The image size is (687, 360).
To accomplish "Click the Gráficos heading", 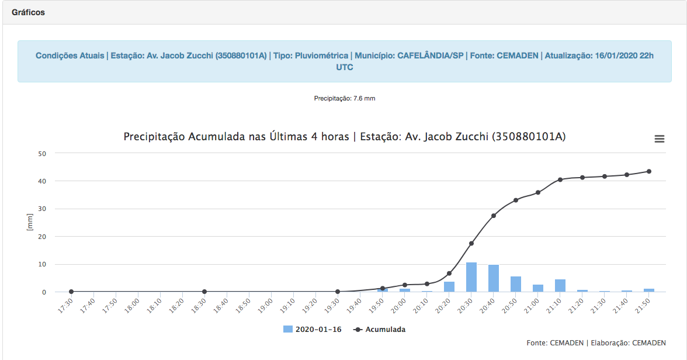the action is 28,12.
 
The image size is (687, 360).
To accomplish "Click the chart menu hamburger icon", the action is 660,139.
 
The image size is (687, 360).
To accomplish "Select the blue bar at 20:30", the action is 471,277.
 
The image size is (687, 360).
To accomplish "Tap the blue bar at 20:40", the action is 493,278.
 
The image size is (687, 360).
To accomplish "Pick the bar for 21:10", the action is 560,285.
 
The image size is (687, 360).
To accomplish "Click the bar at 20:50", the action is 516,284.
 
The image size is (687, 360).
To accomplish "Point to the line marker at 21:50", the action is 649,171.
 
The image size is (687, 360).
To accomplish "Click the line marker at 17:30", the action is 71,292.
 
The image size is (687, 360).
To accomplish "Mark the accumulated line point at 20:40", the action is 493,216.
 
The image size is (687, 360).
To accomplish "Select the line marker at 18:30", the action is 204,292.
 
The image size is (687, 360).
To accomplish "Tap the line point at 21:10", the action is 560,180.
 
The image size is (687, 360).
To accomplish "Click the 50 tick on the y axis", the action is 42,154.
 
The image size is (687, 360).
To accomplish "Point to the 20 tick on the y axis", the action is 42,237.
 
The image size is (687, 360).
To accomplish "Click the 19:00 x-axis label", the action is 265,306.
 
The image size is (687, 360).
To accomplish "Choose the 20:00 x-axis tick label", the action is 398,306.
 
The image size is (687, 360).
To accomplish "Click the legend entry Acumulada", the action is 380,329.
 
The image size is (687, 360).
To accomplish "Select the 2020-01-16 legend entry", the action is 313,329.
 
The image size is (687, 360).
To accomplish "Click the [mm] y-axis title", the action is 30,222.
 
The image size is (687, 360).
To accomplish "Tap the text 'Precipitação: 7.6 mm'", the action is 345,98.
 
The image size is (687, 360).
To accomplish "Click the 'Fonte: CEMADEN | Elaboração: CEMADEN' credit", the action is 596,343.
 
